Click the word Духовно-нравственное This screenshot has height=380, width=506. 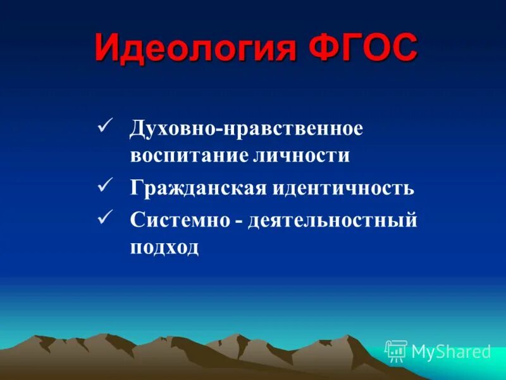[247, 127]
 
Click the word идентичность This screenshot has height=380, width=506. [344, 188]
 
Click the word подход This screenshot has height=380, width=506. [164, 248]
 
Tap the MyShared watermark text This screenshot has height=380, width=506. [451, 351]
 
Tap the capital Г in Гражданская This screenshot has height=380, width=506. [136, 187]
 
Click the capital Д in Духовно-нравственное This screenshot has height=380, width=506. [137, 127]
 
